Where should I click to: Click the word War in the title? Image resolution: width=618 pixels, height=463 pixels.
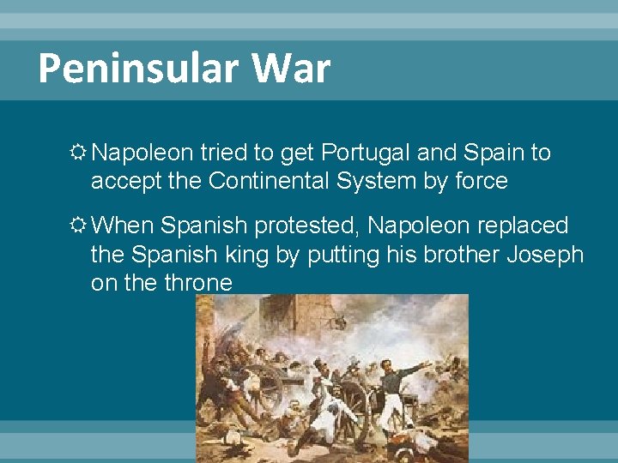click(293, 69)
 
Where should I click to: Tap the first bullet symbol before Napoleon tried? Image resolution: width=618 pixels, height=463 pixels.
click(78, 153)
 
